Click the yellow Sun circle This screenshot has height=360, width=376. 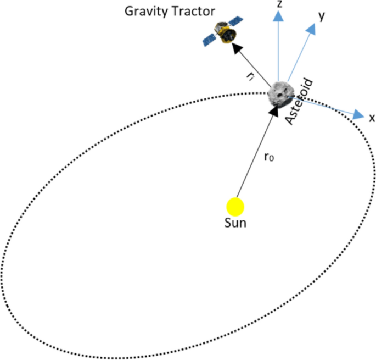pyautogui.click(x=235, y=206)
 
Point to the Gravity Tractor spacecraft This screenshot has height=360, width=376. pyautogui.click(x=224, y=33)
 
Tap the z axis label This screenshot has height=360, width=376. pyautogui.click(x=280, y=4)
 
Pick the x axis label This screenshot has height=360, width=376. pyautogui.click(x=372, y=117)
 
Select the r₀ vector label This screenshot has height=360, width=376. pyautogui.click(x=268, y=158)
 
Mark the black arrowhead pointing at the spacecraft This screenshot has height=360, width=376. pyautogui.click(x=237, y=48)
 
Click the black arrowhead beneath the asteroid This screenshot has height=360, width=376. pyautogui.click(x=274, y=112)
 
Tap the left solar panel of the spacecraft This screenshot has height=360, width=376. pyautogui.click(x=209, y=39)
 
